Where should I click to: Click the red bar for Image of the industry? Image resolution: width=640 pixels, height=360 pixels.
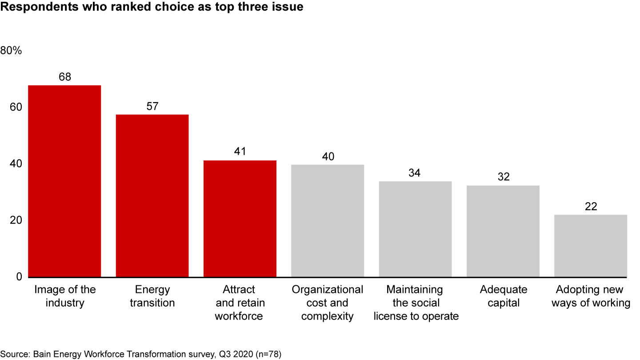point(64,181)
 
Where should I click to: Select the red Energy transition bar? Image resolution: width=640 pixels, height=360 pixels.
point(152,196)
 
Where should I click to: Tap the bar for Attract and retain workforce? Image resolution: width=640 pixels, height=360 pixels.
point(240,219)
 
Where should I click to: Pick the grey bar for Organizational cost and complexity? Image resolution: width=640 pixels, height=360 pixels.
point(328,221)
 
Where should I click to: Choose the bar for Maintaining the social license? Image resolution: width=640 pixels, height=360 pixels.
point(415,229)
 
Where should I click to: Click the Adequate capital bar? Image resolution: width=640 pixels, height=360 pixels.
point(503,231)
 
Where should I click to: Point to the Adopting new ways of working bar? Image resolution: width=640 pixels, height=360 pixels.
point(590,246)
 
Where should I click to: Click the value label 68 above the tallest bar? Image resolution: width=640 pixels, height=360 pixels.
point(65,77)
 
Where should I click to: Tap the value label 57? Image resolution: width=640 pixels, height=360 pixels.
point(152,106)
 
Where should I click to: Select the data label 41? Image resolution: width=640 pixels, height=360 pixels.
point(240,152)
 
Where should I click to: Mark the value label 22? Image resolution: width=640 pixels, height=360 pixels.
point(591,207)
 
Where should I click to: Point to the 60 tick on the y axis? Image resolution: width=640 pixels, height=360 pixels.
point(16,108)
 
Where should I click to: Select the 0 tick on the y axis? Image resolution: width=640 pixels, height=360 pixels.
point(19,277)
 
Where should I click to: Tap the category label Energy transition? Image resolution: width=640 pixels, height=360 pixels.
point(152,296)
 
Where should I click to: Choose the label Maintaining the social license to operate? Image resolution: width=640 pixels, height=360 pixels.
point(415,303)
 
